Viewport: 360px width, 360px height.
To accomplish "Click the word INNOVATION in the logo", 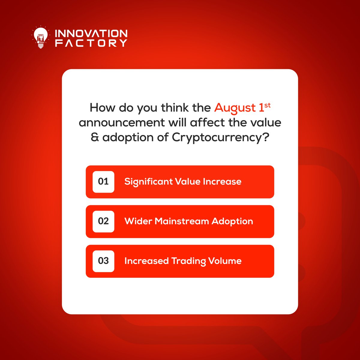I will (91, 33).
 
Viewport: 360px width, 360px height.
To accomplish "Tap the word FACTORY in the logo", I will (91, 43).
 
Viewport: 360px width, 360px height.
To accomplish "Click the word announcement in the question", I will (122, 123).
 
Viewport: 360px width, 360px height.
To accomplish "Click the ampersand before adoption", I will (94, 137).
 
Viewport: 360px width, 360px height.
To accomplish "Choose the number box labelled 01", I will (103, 181).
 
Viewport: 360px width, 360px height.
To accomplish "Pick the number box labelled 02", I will (103, 221).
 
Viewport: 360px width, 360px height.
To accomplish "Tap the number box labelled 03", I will (103, 261).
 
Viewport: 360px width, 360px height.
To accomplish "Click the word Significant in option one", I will (148, 182).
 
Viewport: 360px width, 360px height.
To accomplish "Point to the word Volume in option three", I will (225, 261).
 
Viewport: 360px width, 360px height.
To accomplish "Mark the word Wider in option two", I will (138, 221).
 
